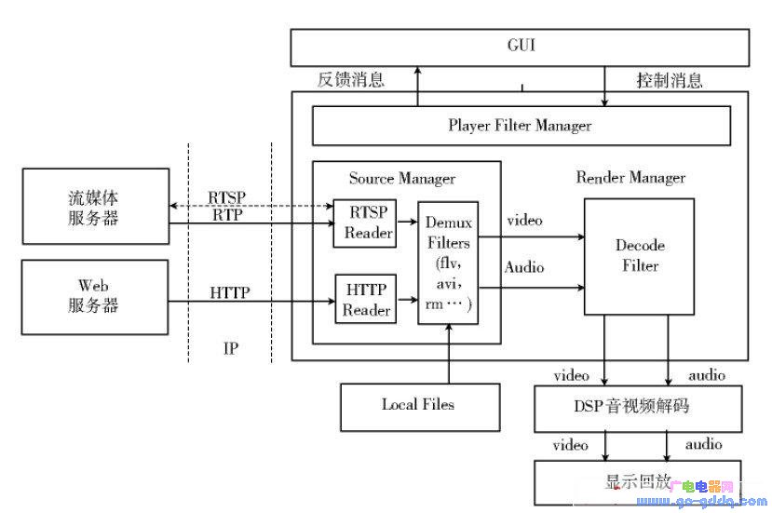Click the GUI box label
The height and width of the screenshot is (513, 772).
tap(521, 46)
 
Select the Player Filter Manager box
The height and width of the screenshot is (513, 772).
tap(521, 126)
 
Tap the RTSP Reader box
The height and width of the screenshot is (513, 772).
tap(365, 223)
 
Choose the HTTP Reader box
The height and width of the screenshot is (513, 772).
tap(366, 299)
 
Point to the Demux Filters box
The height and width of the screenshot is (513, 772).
tap(448, 263)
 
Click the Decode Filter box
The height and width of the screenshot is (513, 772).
tap(639, 257)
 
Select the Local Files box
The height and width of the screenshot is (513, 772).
tap(420, 408)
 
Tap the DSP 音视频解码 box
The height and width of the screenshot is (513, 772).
tap(638, 409)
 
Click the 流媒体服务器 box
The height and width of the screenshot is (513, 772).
tap(96, 207)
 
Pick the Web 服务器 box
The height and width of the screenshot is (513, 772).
tap(95, 297)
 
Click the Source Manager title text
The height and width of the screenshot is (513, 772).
tap(402, 179)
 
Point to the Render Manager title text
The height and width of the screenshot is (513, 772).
tap(630, 178)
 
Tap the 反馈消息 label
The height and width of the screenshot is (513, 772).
tap(350, 79)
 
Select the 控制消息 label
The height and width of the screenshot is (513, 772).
tap(670, 80)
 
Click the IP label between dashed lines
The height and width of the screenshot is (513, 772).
tap(231, 348)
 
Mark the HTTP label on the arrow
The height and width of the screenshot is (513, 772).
tap(230, 293)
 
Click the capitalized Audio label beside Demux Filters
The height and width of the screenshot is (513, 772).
tap(524, 267)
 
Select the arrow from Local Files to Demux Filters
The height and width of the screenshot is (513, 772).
tap(449, 354)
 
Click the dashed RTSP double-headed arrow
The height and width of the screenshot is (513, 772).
tap(251, 206)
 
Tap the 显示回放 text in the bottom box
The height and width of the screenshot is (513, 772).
tap(638, 481)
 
